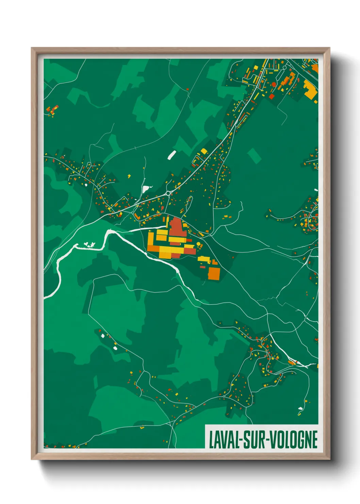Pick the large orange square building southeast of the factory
[214, 273]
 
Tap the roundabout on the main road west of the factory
[168, 193]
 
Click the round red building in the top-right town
[274, 84]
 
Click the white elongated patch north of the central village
[172, 155]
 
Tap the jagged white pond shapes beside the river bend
[90, 244]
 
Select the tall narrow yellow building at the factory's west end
[150, 240]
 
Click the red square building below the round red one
[272, 96]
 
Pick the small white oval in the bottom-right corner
[300, 408]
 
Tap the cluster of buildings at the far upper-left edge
[52, 110]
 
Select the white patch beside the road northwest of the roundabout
[146, 188]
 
